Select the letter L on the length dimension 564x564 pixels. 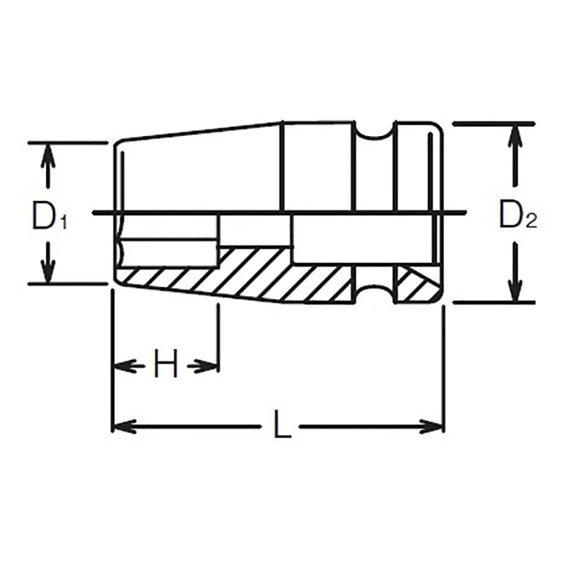coord(282,427)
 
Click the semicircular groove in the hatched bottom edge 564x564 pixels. coord(374,293)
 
